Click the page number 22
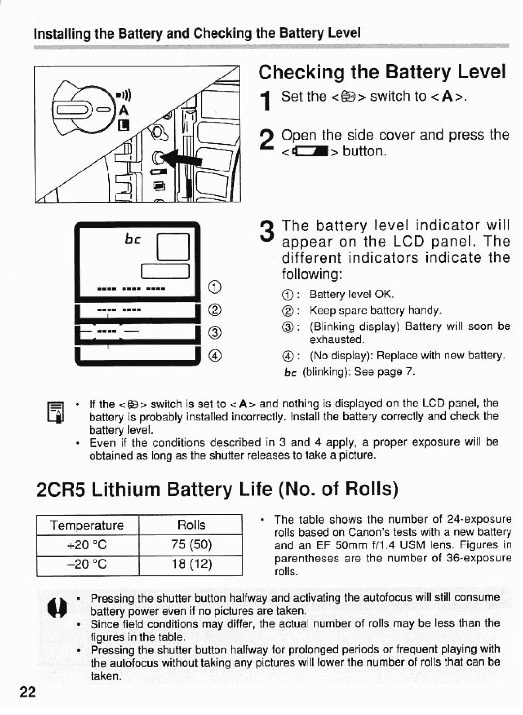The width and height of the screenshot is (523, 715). [28, 692]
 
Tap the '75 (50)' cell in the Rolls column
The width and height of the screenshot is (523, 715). [191, 544]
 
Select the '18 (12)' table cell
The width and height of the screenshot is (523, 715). [191, 564]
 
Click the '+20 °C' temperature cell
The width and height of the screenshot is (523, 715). [88, 544]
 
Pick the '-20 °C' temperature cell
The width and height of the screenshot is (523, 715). [88, 564]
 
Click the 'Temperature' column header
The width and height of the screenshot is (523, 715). [88, 526]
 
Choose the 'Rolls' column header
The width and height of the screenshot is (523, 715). [191, 525]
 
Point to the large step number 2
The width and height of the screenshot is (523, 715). [265, 141]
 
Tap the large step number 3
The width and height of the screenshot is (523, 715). [265, 231]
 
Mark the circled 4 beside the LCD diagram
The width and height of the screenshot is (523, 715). [215, 356]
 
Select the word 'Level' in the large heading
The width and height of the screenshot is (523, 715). [481, 72]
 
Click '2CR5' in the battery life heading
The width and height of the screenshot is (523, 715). [60, 490]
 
